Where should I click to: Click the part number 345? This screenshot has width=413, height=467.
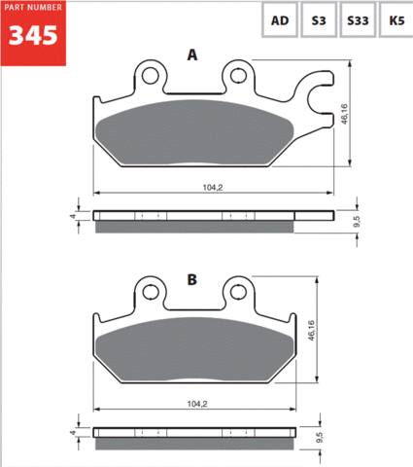pyautogui.click(x=33, y=36)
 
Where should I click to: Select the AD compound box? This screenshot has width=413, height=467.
pyautogui.click(x=280, y=20)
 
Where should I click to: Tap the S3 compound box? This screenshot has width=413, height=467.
pyautogui.click(x=319, y=20)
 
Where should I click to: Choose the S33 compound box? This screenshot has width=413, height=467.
pyautogui.click(x=358, y=20)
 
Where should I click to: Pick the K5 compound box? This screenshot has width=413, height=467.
pyautogui.click(x=396, y=20)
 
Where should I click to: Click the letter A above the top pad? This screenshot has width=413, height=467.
pyautogui.click(x=192, y=54)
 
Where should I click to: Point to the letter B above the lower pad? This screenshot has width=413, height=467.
pyautogui.click(x=192, y=279)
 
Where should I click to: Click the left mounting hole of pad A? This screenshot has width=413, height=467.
pyautogui.click(x=151, y=76)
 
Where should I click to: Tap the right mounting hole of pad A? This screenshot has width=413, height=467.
pyautogui.click(x=238, y=76)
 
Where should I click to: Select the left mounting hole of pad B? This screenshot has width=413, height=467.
pyautogui.click(x=151, y=292)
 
